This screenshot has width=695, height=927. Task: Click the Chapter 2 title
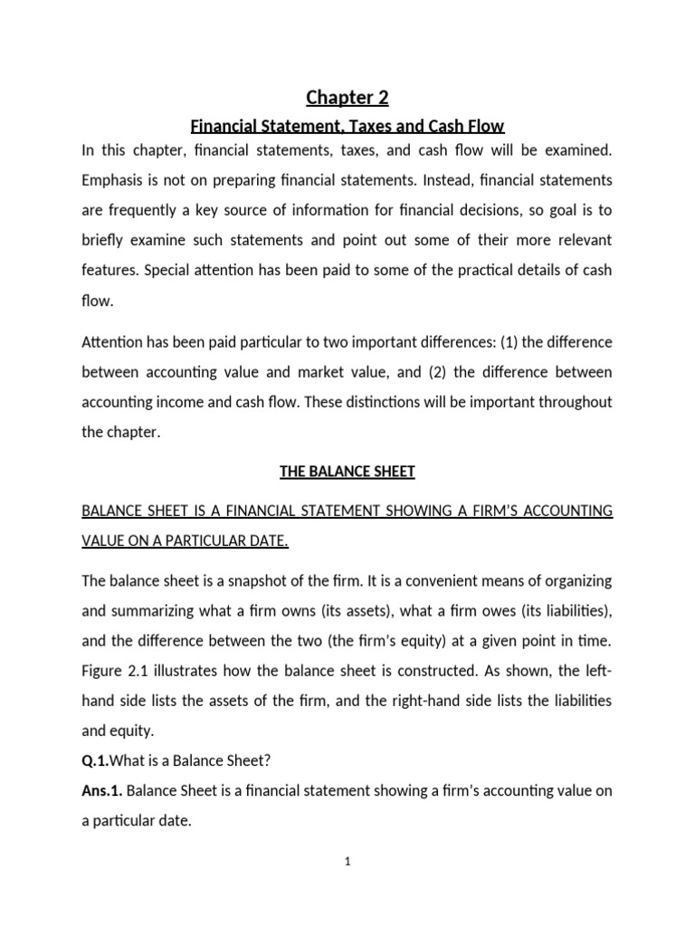347,97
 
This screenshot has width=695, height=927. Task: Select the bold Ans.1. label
102,790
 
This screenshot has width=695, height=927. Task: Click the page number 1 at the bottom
347,862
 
